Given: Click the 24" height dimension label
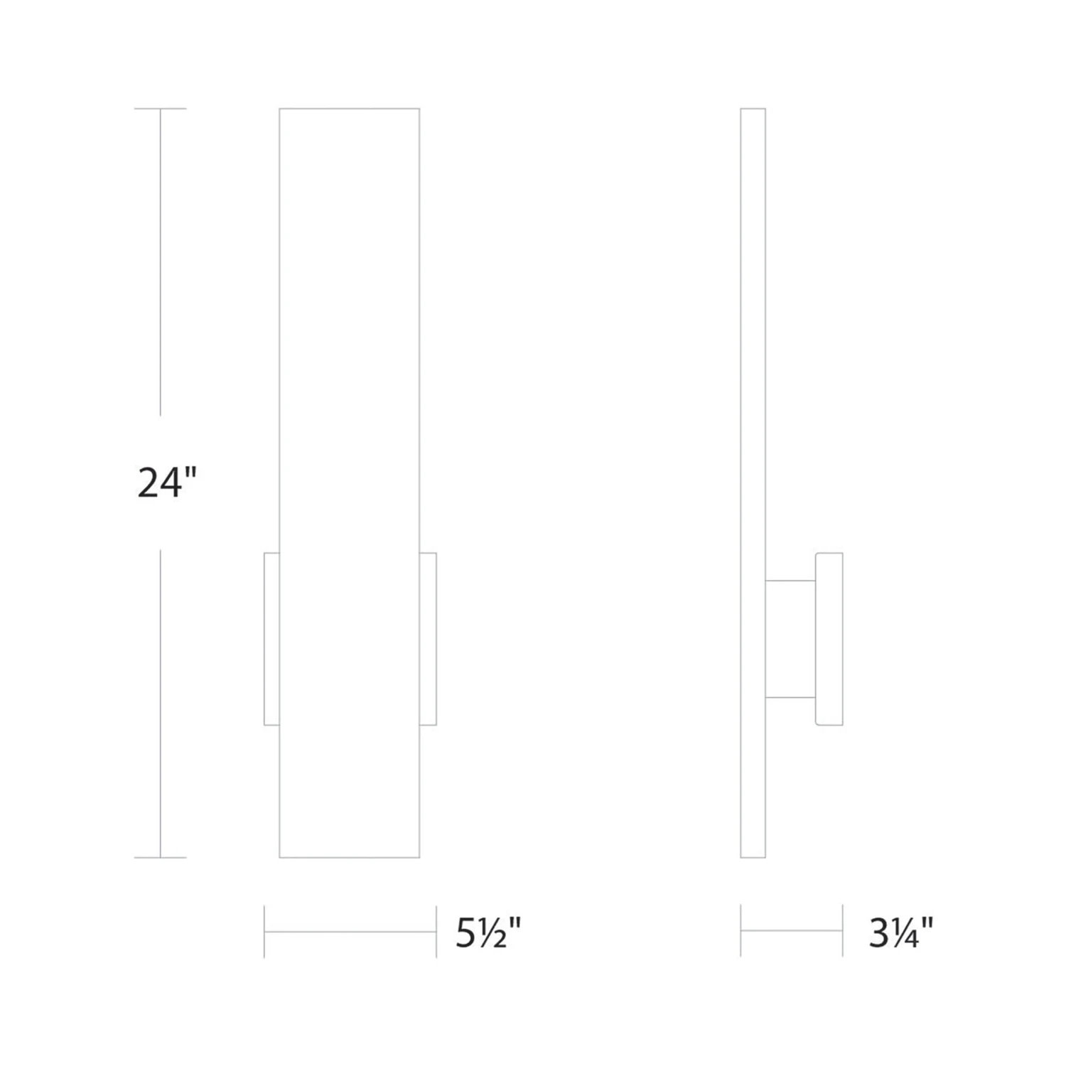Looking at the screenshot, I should coord(166,483).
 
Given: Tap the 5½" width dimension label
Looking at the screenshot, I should coord(488,932).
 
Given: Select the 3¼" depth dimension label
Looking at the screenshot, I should coord(900,932).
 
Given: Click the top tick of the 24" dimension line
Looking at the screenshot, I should coord(160,109).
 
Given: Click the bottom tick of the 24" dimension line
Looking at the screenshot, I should coord(160,858).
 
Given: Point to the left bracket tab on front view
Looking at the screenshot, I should coord(271,638).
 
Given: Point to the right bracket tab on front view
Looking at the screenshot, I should coord(428,638).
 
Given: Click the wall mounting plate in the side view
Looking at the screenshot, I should coord(829,638).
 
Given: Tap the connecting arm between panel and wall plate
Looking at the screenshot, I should coord(790,638).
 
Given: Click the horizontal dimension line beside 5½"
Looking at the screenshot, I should coord(350,932).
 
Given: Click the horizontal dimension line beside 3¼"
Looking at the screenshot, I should coord(791,930).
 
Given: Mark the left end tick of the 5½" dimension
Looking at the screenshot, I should coord(264,932).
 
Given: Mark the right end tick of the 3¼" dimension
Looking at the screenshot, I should coord(842,930).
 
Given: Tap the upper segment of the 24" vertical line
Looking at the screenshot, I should coord(160,263).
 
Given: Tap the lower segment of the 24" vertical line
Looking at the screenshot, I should coord(160,704).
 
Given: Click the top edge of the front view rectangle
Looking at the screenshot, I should coord(350,109).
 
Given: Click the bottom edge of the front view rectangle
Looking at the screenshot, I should coord(350,858).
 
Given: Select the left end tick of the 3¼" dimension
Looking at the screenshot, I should coord(741,930).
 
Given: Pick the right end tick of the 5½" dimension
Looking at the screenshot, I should coord(436,932).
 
